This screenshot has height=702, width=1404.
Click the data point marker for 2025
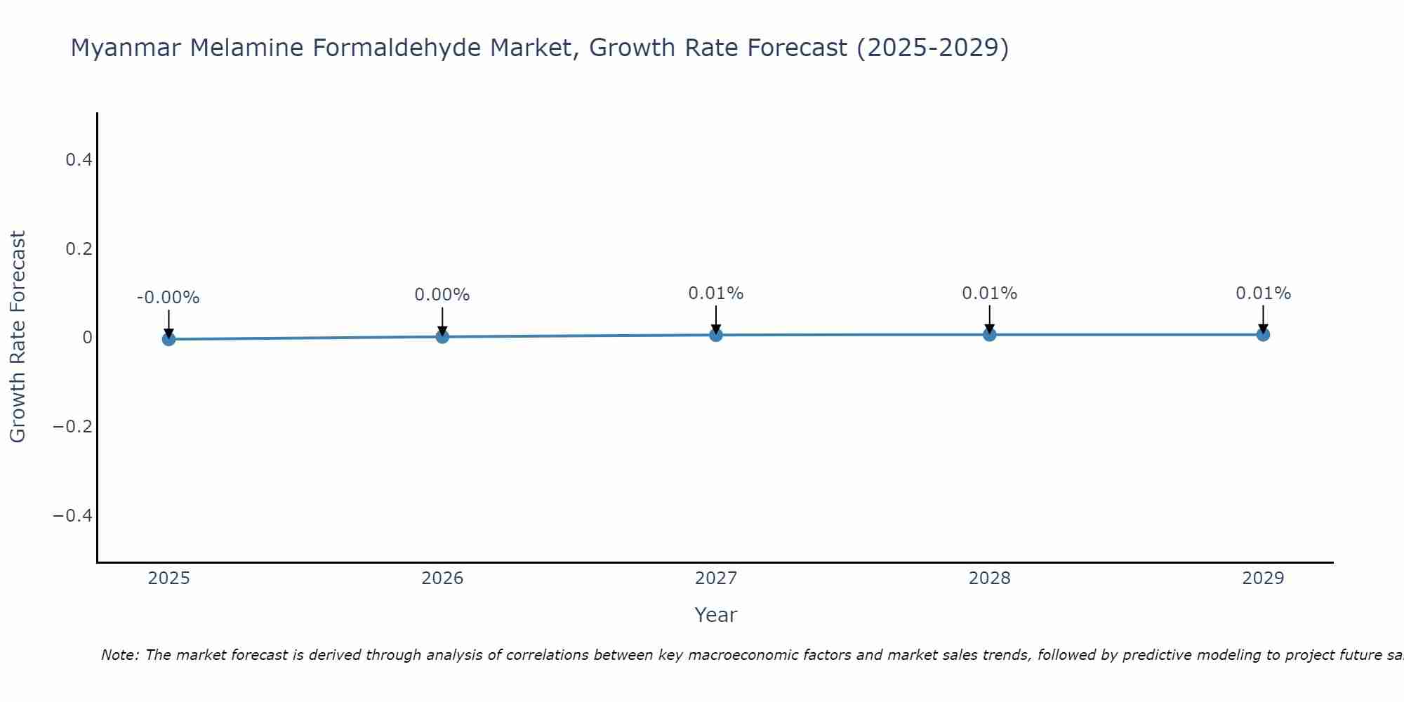point(168,339)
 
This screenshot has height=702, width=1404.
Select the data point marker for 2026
point(442,336)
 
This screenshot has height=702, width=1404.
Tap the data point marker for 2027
point(716,335)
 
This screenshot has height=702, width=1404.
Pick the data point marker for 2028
point(989,334)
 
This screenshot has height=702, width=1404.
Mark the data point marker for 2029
point(1263,334)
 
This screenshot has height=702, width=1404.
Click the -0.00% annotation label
point(168,298)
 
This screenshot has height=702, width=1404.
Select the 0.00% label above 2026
point(442,295)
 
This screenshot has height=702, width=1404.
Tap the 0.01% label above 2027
point(716,293)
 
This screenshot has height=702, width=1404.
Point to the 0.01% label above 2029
point(1263,293)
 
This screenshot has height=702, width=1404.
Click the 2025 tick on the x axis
point(168,578)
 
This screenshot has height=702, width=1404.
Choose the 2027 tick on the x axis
point(716,578)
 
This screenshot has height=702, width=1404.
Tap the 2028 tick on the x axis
point(989,578)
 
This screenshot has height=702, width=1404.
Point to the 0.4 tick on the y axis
point(79,160)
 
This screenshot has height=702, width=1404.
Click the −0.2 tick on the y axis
point(73,427)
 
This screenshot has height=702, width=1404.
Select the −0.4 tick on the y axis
point(73,516)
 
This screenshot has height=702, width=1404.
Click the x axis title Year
point(715,615)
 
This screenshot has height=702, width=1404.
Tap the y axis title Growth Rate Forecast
point(18,337)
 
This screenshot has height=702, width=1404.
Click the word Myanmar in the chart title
point(126,48)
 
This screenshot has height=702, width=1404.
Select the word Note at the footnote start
point(119,655)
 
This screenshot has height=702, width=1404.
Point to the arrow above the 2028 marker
point(989,318)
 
